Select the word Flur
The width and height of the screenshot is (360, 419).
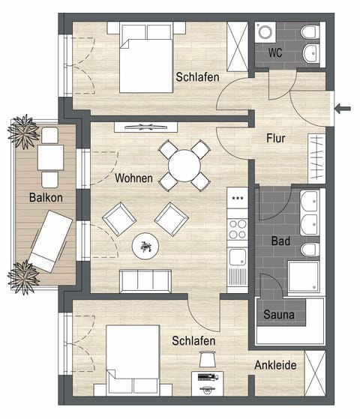click(x=277, y=138)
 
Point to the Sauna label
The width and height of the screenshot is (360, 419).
click(x=278, y=315)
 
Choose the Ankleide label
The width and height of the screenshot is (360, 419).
click(x=276, y=366)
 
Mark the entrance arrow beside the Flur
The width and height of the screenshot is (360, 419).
click(x=343, y=109)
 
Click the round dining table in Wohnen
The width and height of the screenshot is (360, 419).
click(x=184, y=163)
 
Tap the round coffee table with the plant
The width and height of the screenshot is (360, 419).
click(x=145, y=245)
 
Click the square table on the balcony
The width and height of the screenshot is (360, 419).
click(x=50, y=157)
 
